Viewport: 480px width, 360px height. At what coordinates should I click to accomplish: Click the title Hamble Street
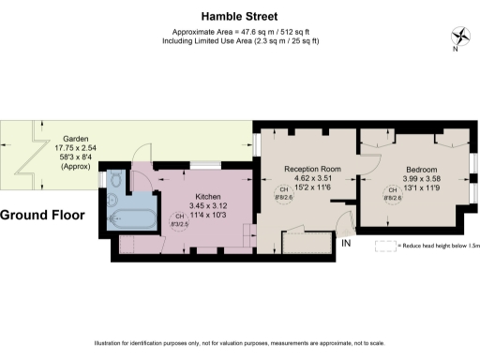[x=240, y=16]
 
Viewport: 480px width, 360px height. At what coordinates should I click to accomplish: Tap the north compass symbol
[x=460, y=38]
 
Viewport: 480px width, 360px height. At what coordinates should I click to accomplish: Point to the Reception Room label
[x=312, y=169]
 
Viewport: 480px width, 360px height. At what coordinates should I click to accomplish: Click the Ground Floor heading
[x=42, y=215]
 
